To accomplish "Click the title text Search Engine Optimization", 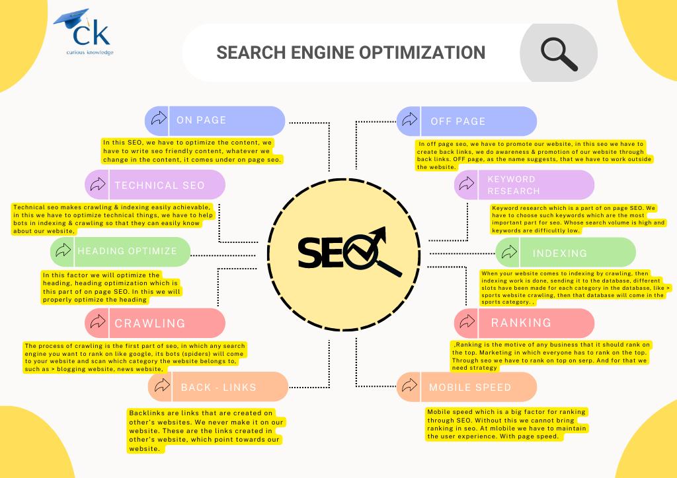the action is [x=351, y=52].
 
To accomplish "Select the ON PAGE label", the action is [x=201, y=120].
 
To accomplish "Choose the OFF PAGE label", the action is [x=458, y=121].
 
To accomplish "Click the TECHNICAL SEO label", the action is [x=159, y=185].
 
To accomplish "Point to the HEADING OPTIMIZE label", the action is [x=127, y=251].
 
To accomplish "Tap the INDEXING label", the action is [x=559, y=253].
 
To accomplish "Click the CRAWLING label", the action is [x=149, y=323].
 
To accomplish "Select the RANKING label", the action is [x=521, y=322].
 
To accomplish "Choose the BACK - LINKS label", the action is [x=218, y=387].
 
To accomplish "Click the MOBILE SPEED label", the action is [x=469, y=387].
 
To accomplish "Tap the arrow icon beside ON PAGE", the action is [x=158, y=119].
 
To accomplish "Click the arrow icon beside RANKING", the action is [x=467, y=322].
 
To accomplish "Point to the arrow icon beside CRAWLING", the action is [x=97, y=322].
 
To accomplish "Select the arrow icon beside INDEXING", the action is [x=508, y=252].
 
